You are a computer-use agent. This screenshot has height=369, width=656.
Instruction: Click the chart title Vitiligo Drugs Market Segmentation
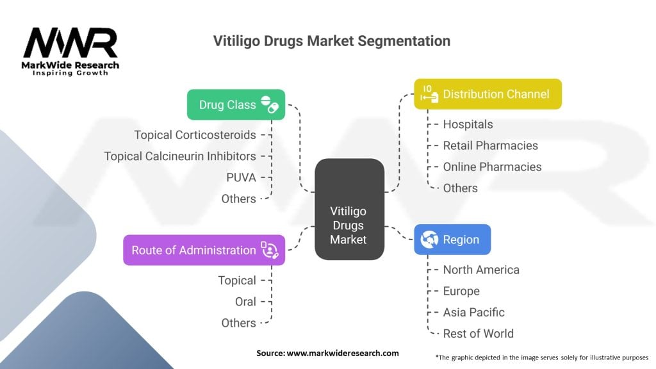(x=331, y=41)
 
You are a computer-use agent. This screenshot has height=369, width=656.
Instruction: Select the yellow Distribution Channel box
(x=488, y=94)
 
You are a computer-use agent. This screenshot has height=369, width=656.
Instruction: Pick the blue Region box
(x=452, y=240)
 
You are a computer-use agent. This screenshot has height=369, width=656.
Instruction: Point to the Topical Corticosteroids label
(x=195, y=135)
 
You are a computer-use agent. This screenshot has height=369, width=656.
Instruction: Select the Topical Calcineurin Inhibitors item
(x=180, y=156)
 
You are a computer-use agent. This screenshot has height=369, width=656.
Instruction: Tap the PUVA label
(x=241, y=177)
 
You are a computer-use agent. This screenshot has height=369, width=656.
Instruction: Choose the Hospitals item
(x=468, y=124)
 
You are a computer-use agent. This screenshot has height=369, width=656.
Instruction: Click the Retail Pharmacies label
(x=490, y=145)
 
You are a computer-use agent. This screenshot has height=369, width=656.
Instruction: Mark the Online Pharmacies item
(x=492, y=167)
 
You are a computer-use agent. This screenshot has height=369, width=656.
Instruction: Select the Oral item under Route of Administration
(x=245, y=301)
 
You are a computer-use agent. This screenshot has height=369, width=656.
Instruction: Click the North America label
(x=481, y=270)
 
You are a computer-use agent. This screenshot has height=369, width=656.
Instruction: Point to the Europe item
(x=461, y=291)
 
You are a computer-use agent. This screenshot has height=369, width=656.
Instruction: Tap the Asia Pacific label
(x=473, y=312)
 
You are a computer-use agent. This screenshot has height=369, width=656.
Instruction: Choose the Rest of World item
(x=478, y=333)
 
